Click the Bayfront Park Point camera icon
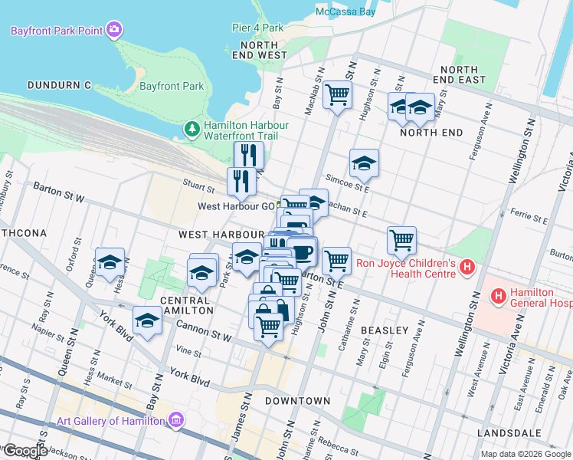click(x=114, y=30)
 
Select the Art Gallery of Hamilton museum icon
click(x=176, y=420)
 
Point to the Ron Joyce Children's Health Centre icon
click(x=469, y=268)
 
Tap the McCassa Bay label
click(x=345, y=11)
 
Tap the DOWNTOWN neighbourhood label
click(x=298, y=401)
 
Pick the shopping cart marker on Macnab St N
click(x=337, y=96)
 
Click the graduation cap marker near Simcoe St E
click(x=364, y=163)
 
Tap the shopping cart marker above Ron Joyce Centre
click(x=401, y=241)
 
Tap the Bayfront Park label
click(x=172, y=86)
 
